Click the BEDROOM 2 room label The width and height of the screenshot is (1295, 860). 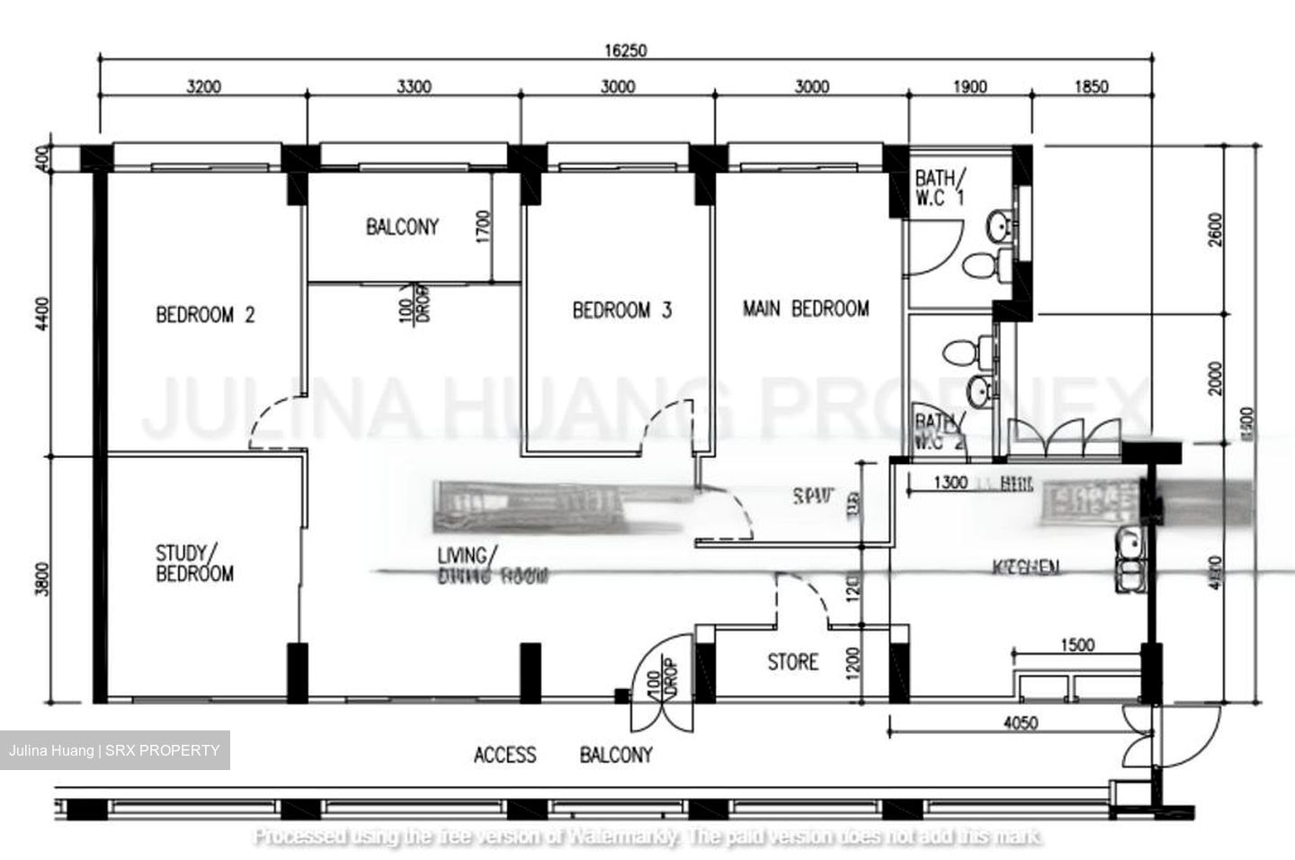(x=205, y=315)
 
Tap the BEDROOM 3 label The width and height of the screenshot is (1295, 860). (x=621, y=310)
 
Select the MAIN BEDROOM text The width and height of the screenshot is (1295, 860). (x=806, y=309)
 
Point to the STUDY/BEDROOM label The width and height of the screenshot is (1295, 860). (x=194, y=563)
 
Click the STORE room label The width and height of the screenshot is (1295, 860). (x=792, y=662)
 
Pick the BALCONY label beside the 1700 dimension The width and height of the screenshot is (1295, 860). (x=402, y=227)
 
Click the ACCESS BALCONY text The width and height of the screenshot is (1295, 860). (x=563, y=755)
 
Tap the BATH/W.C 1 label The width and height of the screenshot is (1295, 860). (x=939, y=187)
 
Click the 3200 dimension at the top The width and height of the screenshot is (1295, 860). (x=203, y=87)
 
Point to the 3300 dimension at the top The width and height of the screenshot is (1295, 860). (x=414, y=87)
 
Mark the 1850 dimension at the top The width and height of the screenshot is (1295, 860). (x=1091, y=87)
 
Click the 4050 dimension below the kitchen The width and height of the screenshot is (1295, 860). (x=1020, y=722)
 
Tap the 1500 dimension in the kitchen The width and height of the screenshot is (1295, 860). (x=1077, y=645)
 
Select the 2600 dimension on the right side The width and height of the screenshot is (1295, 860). (x=1216, y=230)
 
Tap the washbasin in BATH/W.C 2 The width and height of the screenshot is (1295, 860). (x=978, y=390)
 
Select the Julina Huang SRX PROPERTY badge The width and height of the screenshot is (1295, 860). (x=114, y=750)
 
